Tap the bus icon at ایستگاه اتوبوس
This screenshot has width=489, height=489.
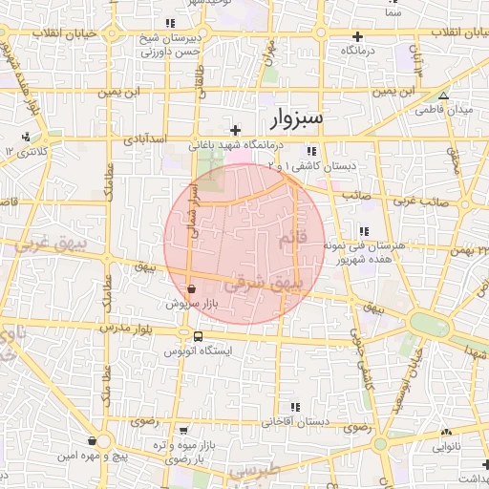[x=198, y=336]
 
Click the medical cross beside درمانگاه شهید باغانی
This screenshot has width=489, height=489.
[x=236, y=129]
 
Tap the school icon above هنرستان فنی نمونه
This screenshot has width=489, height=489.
[x=363, y=230]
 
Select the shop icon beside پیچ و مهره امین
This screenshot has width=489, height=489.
[x=92, y=440]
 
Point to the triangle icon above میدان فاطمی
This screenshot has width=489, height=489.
[x=442, y=96]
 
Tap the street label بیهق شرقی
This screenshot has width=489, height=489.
[x=265, y=284]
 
